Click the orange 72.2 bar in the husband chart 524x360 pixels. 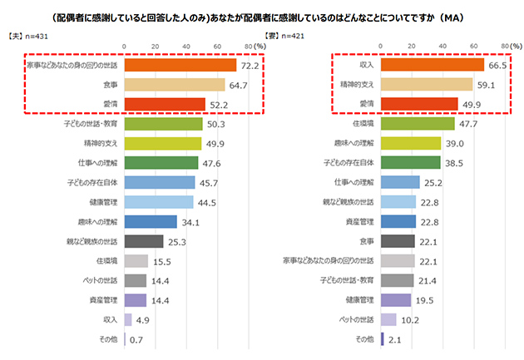(180, 65)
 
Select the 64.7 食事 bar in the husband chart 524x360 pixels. (174, 85)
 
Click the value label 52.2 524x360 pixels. (218, 105)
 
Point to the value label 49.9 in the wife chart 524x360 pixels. (471, 105)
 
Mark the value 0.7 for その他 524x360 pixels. (138, 339)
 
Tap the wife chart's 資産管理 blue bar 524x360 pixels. (398, 221)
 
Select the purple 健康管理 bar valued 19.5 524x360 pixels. (395, 299)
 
